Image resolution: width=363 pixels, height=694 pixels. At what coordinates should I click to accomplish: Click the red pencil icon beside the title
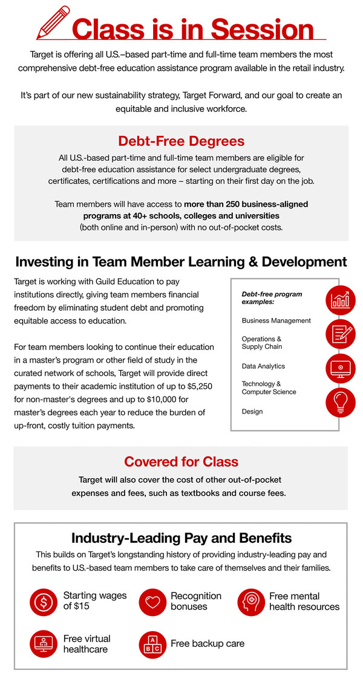point(54,23)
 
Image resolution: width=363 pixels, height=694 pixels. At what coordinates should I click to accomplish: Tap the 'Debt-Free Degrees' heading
point(181,141)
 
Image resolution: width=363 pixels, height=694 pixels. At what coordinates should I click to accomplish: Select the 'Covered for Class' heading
point(181,462)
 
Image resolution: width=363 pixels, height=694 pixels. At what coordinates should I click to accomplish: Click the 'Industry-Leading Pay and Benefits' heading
point(181,538)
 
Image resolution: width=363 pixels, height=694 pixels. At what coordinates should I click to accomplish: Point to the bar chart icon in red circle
point(341,299)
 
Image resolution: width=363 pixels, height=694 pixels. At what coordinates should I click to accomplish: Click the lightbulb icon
point(341,402)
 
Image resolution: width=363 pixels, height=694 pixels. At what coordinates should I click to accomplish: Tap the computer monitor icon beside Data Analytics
point(341,368)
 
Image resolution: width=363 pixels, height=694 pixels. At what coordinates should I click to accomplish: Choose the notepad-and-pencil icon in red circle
point(341,334)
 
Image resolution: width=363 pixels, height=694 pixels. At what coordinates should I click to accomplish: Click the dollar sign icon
point(44,602)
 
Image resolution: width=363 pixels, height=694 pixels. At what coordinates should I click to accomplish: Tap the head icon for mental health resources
point(251,602)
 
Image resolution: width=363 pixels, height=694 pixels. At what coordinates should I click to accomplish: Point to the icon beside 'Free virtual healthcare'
point(44,644)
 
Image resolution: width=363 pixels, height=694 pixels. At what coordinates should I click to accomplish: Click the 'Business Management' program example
point(276,320)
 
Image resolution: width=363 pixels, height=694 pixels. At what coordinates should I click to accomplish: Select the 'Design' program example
point(252,412)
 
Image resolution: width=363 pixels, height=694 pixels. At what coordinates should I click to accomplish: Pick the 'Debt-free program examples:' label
point(272,297)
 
